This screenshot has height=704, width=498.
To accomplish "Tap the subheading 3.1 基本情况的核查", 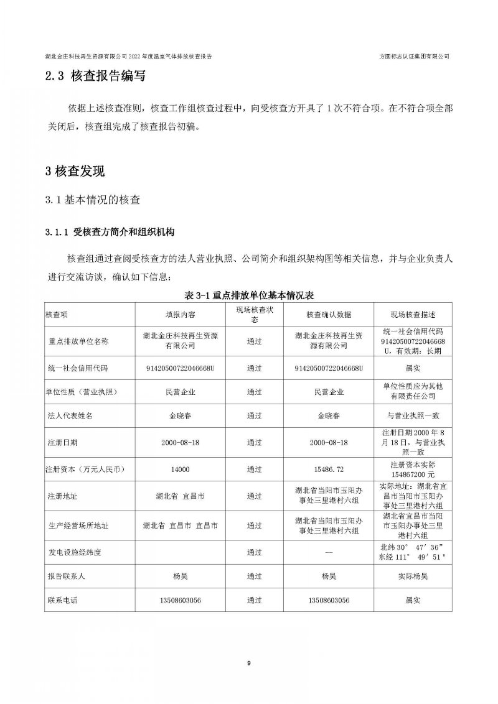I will click(93, 200).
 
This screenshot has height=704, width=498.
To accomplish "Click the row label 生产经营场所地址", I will click(78, 526).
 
